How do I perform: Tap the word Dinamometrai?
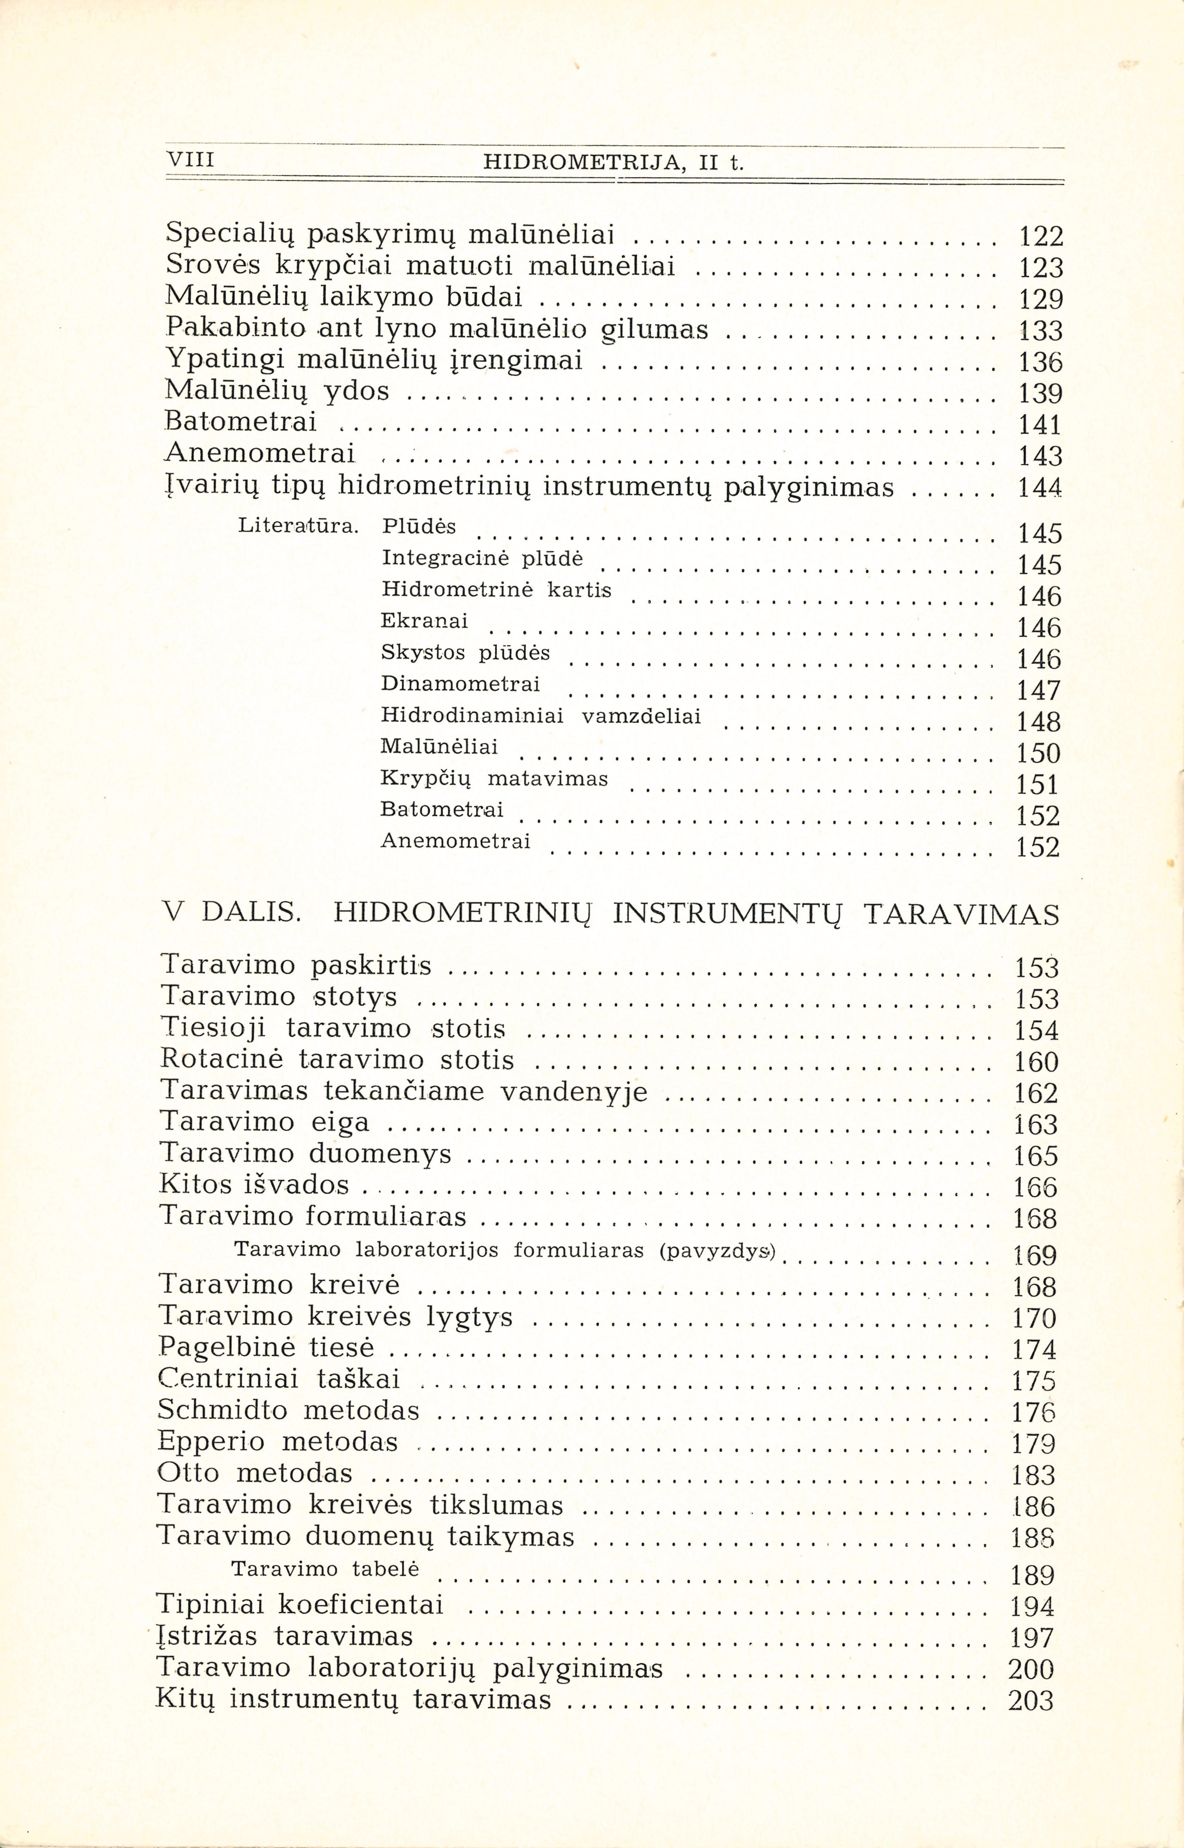pos(460,684)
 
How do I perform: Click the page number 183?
pos(1034,1475)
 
